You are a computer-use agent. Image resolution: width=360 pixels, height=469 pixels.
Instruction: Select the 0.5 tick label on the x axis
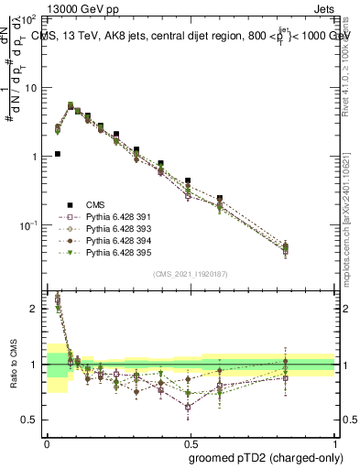(191, 443)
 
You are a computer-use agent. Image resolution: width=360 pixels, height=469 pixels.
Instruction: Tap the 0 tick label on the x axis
(47, 443)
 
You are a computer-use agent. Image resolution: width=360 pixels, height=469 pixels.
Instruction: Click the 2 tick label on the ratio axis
(34, 309)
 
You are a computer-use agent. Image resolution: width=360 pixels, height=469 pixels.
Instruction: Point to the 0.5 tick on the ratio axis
(30, 420)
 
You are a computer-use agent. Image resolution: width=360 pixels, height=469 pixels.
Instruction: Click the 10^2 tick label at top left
(28, 19)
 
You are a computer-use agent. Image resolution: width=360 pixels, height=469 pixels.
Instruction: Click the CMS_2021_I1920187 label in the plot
(191, 274)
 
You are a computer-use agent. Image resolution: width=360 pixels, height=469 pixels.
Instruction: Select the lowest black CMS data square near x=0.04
(57, 154)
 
